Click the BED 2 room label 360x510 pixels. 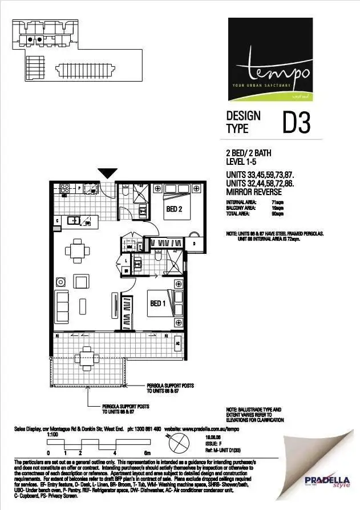tap(174, 209)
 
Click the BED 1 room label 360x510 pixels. tap(157, 303)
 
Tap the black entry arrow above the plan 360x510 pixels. tap(108, 173)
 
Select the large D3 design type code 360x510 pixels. tap(297, 123)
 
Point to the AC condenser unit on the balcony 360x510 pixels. tap(177, 344)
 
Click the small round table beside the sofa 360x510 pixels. tap(60, 282)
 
